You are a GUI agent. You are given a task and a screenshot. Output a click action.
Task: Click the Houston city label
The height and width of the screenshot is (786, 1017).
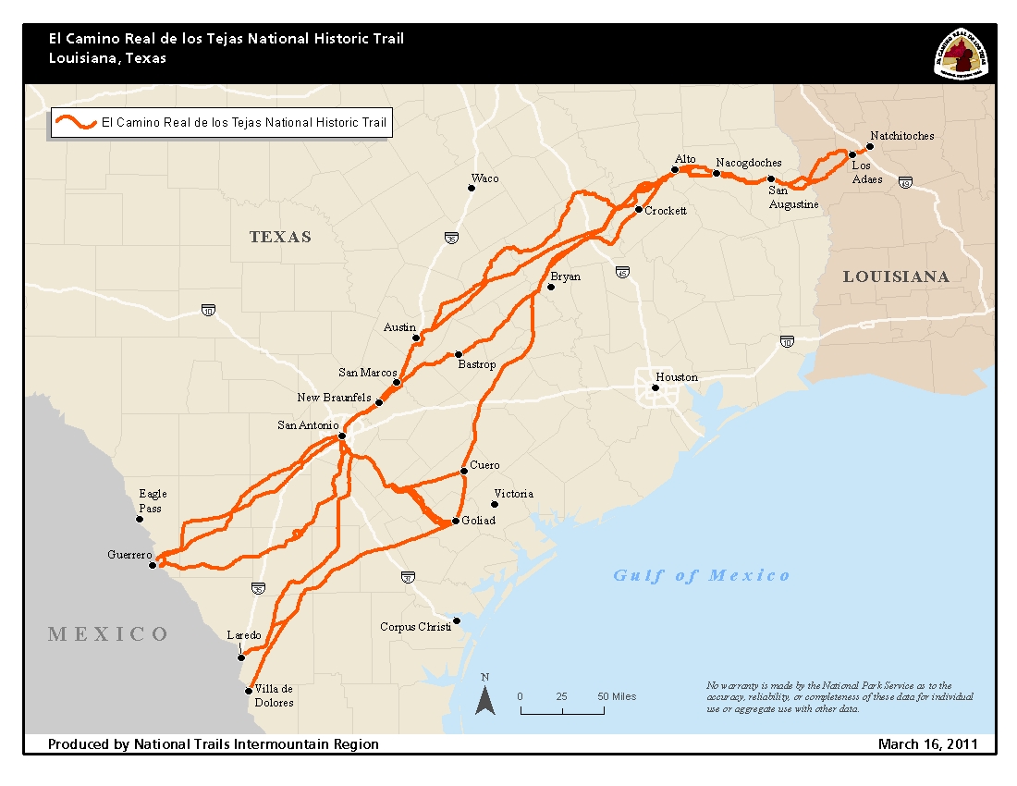click(677, 377)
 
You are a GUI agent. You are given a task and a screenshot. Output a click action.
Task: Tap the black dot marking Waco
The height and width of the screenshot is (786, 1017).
click(471, 188)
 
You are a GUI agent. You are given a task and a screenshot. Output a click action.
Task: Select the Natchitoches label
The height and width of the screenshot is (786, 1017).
click(902, 136)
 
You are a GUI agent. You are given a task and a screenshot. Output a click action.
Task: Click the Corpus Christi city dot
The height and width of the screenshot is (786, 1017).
click(456, 620)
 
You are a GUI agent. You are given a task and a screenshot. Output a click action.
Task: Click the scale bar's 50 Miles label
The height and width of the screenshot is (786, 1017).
click(617, 696)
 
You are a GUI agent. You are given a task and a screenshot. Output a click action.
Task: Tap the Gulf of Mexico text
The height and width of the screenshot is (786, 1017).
click(702, 575)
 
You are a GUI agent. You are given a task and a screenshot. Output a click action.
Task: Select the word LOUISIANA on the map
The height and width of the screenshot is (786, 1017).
click(895, 276)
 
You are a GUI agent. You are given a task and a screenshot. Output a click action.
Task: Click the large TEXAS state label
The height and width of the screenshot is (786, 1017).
click(280, 237)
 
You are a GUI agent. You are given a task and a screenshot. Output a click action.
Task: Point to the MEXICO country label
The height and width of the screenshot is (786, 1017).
click(109, 633)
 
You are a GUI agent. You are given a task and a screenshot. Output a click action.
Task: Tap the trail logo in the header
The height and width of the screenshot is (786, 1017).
click(962, 54)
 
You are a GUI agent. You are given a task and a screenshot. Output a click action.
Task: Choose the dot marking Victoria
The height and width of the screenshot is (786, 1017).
click(495, 504)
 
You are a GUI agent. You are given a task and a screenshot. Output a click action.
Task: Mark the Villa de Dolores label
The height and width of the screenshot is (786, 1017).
click(274, 695)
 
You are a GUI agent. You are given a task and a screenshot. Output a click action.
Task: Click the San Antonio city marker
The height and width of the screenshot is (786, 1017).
click(342, 436)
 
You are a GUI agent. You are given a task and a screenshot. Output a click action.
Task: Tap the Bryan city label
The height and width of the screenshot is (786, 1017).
click(565, 276)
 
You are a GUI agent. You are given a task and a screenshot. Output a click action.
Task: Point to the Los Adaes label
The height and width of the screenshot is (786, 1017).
click(866, 173)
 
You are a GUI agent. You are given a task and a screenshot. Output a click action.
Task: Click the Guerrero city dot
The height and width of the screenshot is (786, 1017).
click(153, 565)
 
